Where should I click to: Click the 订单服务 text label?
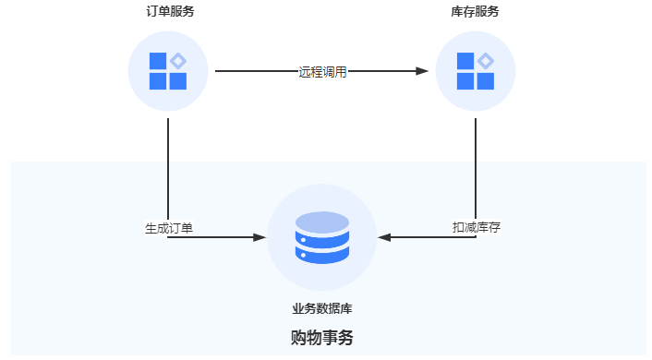(168, 12)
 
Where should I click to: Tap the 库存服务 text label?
(475, 12)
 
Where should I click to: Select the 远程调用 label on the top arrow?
(322, 71)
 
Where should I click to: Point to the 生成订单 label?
(169, 227)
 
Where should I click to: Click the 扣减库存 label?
(476, 227)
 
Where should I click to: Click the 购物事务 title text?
(321, 338)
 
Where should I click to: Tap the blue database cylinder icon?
(321, 238)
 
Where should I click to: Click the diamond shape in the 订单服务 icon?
(178, 61)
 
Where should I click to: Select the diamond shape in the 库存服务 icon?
(486, 61)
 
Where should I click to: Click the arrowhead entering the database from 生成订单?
(260, 237)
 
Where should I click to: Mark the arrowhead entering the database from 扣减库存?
(385, 237)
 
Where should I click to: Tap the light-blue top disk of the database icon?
(321, 222)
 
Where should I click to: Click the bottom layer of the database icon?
(321, 255)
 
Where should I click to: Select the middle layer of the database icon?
(321, 239)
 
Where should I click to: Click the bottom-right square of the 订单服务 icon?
(178, 81)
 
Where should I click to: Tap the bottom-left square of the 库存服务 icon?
(465, 81)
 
